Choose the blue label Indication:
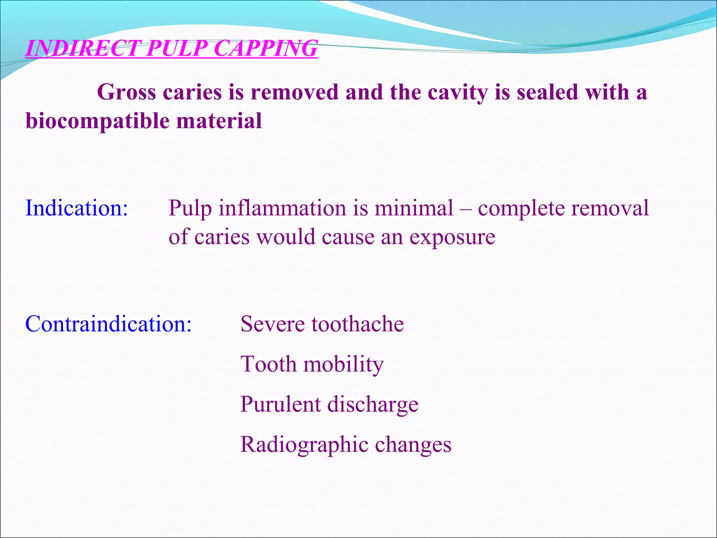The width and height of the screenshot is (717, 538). [77, 208]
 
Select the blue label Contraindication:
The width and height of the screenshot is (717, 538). [109, 324]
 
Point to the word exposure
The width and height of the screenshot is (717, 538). [452, 237]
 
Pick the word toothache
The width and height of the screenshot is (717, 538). [357, 324]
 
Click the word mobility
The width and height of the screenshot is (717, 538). [343, 364]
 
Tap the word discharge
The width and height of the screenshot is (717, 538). [373, 404]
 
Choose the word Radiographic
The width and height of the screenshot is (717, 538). [304, 444]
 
